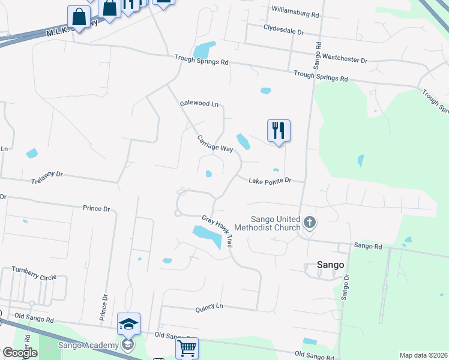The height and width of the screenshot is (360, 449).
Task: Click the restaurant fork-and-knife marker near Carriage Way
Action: click(279, 130)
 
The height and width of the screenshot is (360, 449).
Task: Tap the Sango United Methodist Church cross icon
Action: click(310, 223)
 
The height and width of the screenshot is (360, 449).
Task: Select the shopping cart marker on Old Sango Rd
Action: click(187, 347)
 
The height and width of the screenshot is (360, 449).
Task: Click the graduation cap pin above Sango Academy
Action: click(128, 324)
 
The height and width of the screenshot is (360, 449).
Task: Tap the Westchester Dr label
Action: click(345, 58)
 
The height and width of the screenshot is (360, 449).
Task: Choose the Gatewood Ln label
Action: click(199, 104)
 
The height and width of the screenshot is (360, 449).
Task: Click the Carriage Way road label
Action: click(214, 143)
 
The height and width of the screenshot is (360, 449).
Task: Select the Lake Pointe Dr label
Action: click(270, 180)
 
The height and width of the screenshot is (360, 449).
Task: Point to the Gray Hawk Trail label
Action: click(217, 232)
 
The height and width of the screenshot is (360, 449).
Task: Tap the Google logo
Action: click(20, 353)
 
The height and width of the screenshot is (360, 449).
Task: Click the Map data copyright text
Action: click(423, 355)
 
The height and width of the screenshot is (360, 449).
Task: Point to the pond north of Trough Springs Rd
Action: click(204, 49)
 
